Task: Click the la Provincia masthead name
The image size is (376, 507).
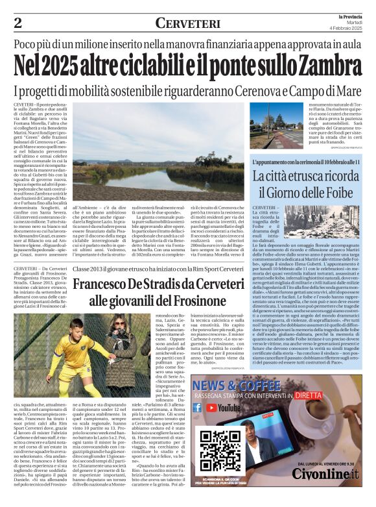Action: pos(350,16)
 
